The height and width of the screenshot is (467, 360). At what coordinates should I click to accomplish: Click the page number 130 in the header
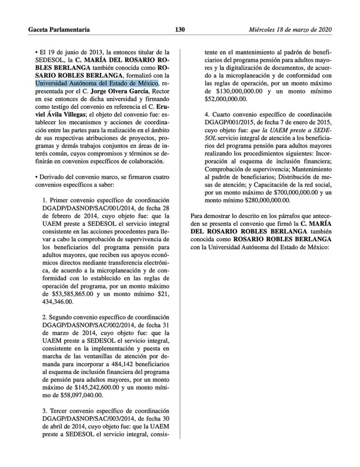180,30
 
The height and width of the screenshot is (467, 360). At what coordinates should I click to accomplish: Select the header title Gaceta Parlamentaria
59,30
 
